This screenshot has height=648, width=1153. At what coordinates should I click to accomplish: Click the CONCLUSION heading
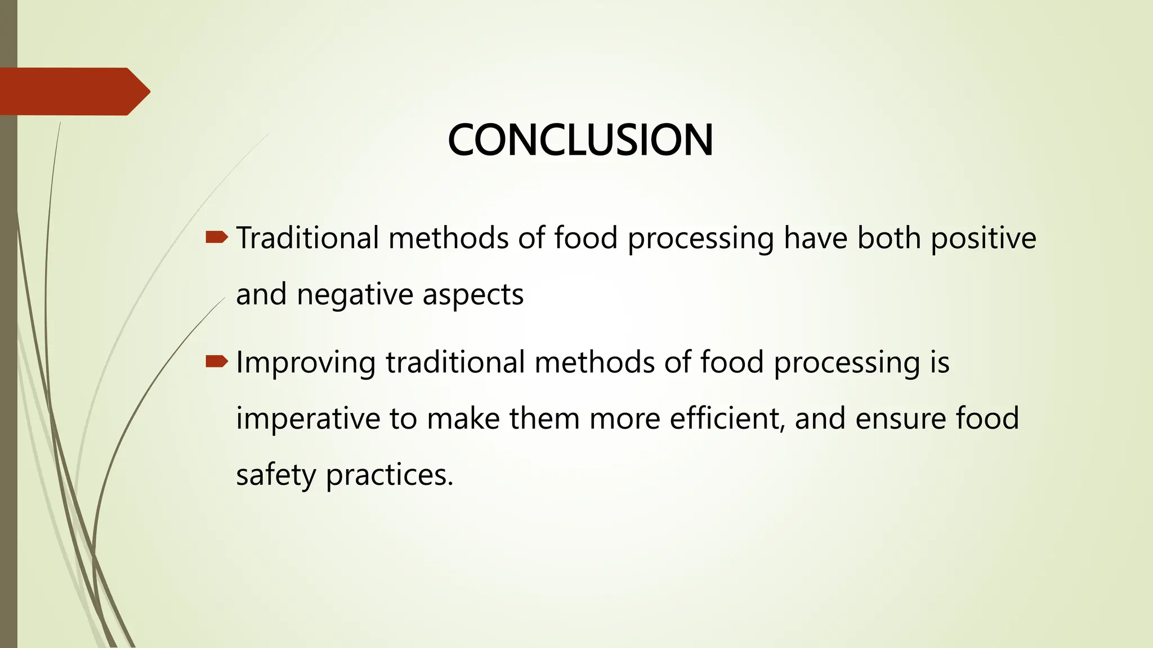click(x=580, y=140)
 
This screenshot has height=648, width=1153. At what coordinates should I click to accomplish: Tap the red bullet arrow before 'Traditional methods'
click(x=217, y=237)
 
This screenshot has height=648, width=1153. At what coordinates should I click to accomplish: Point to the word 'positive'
click(x=983, y=238)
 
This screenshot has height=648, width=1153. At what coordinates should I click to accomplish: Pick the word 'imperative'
click(x=308, y=419)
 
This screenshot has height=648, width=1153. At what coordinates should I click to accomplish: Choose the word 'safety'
click(x=276, y=475)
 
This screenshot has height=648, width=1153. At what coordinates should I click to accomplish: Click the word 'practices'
click(x=389, y=475)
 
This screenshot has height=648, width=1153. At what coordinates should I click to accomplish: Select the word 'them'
click(x=544, y=419)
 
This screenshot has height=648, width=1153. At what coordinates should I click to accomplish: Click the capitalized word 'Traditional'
click(x=307, y=238)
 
